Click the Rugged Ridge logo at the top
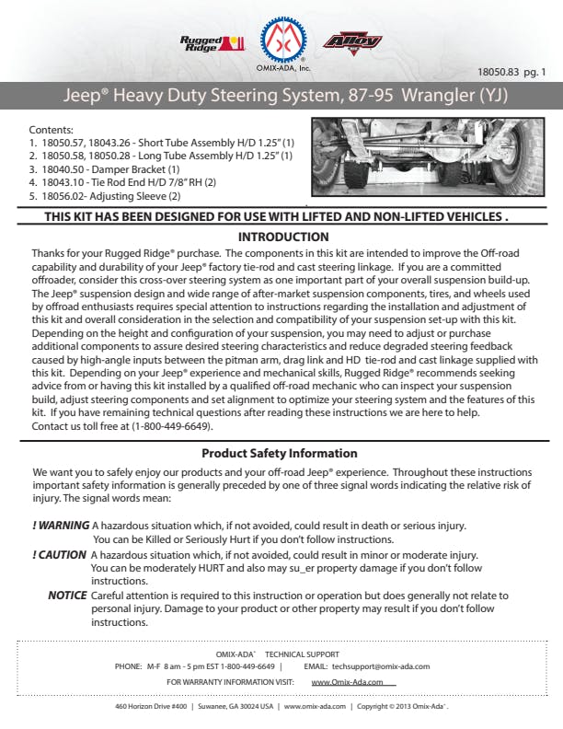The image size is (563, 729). [212, 42]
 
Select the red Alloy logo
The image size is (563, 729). [352, 42]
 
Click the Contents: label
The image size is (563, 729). [51, 131]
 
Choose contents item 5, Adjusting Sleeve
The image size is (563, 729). [105, 196]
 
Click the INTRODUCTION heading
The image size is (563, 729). [281, 237]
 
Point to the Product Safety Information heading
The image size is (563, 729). [281, 454]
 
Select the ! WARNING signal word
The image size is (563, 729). [61, 526]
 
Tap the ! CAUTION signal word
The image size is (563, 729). [60, 555]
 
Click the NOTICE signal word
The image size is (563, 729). [67, 596]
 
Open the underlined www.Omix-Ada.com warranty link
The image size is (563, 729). [353, 682]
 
